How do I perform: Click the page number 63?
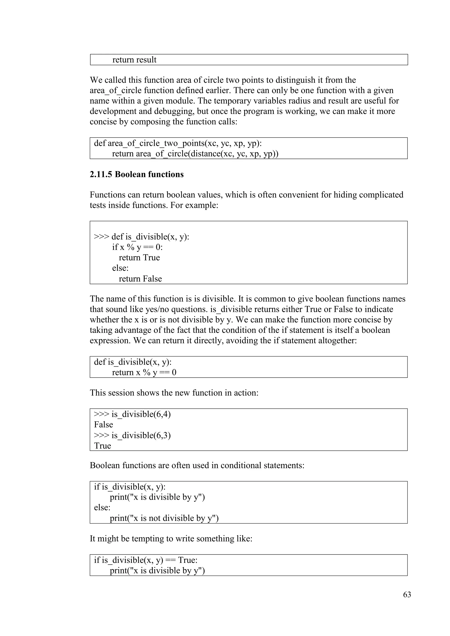(407, 594)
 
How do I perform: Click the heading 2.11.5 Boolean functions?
(137, 175)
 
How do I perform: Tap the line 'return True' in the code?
(139, 258)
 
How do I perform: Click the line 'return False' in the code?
(140, 279)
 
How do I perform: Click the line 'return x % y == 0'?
(144, 372)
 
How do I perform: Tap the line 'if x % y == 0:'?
(137, 247)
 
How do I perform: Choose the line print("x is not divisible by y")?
(164, 518)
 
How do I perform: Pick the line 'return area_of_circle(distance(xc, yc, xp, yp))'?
(195, 154)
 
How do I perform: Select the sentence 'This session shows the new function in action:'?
(174, 393)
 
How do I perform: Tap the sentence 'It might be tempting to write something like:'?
(171, 538)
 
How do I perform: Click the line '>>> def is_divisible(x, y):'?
(141, 237)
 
